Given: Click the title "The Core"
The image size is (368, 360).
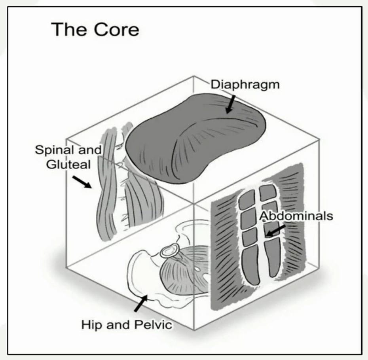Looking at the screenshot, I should point(95,30).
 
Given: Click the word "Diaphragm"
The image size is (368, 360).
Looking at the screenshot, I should point(245,85).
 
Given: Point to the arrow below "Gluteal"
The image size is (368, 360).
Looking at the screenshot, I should point(82,182).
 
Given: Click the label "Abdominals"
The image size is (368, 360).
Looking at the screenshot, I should point(296,216).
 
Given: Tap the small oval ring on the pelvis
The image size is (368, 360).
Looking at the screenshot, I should point(170,251).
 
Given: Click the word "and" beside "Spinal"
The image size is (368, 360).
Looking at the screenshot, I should point(91,150).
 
